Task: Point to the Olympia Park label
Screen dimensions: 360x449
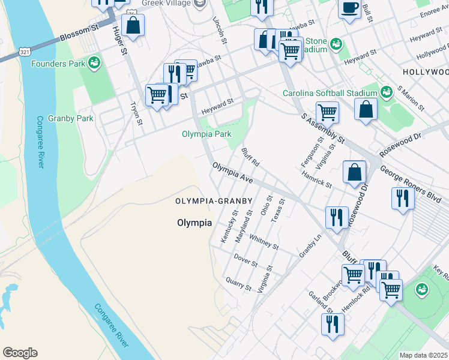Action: [206, 134]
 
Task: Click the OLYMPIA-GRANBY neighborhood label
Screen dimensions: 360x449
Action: [213, 200]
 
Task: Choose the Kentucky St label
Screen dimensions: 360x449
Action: [229, 226]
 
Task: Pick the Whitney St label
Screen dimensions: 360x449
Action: [264, 242]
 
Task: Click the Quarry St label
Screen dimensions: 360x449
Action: [239, 284]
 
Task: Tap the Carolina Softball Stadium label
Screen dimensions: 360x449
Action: [330, 93]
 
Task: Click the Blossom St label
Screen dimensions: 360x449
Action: [78, 34]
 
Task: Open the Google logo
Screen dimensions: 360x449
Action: [19, 353]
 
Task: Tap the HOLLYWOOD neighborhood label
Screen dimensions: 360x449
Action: [426, 71]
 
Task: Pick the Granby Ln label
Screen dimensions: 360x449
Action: [310, 246]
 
